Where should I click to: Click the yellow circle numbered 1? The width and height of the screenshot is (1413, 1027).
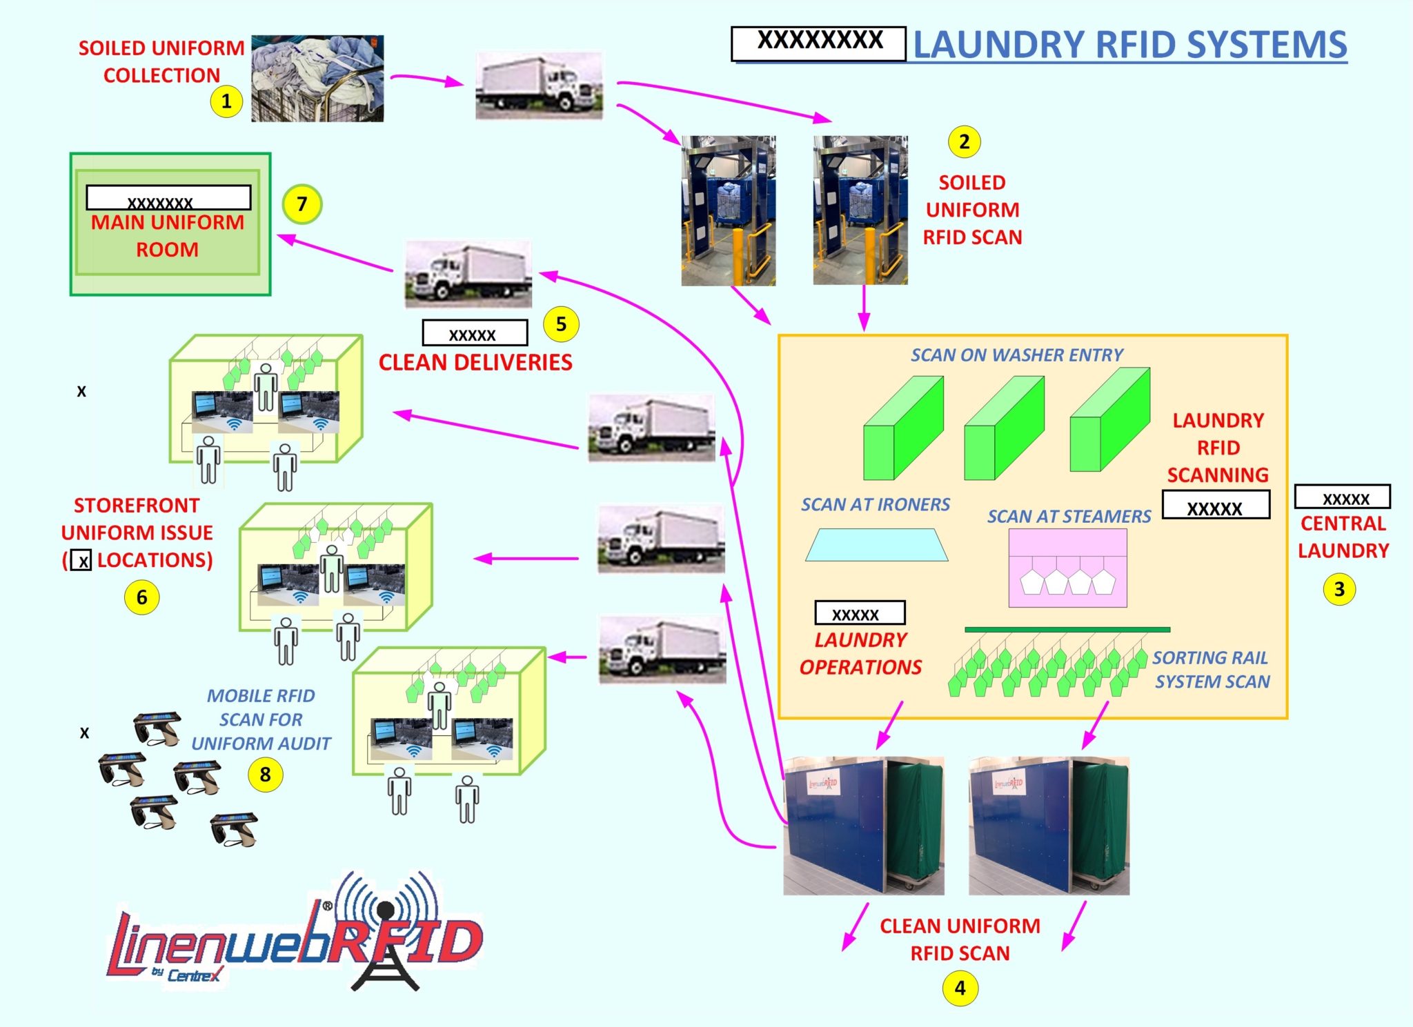tap(226, 101)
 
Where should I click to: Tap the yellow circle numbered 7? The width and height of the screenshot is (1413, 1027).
tap(302, 204)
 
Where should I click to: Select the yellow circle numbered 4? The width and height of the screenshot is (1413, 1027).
tap(960, 988)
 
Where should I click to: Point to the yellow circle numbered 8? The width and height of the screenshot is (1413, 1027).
tap(266, 774)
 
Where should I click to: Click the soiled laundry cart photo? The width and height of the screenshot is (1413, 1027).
tap(317, 79)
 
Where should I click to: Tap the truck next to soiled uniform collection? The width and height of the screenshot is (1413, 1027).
tap(539, 86)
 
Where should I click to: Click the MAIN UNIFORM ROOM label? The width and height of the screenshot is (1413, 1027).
tap(168, 235)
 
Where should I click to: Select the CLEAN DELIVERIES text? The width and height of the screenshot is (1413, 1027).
tap(475, 362)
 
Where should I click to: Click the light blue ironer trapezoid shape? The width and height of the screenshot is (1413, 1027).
tap(876, 545)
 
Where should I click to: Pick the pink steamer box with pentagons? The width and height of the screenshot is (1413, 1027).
tap(1067, 568)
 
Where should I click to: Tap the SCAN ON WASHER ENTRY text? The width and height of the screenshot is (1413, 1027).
tap(1016, 355)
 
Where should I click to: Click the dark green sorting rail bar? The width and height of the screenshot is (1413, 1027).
tap(1067, 629)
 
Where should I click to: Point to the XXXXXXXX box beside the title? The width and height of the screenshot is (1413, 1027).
tap(819, 43)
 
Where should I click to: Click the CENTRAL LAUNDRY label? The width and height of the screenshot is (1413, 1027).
tap(1343, 537)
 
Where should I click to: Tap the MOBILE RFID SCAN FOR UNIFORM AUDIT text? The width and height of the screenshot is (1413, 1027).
tap(261, 719)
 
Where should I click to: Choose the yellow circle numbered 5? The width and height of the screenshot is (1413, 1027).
tap(561, 324)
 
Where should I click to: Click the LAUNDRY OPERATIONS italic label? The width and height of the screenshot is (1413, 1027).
tap(860, 653)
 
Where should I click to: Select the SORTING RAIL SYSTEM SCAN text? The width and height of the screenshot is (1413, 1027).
tap(1212, 669)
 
